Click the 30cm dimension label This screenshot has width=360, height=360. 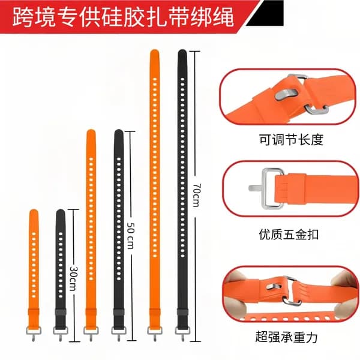tap(74, 278)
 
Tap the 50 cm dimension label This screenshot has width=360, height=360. tap(131, 236)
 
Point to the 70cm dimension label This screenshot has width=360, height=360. tap(196, 195)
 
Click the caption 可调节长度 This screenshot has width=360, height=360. tap(291, 139)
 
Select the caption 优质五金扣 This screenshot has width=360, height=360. tap(289, 235)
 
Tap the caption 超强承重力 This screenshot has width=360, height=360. tap(287, 337)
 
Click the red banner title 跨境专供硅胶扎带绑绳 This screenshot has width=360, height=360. tap(123, 17)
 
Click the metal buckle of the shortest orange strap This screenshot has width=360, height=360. tap(34, 332)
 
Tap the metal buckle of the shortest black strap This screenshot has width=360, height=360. tap(61, 332)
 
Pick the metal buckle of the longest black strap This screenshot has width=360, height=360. tap(182, 332)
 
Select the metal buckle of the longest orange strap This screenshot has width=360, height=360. tap(155, 332)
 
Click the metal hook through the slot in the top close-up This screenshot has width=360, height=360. tap(286, 94)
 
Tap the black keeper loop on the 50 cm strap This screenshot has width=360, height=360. tap(119, 312)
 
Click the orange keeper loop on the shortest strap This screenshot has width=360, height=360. tap(34, 312)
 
